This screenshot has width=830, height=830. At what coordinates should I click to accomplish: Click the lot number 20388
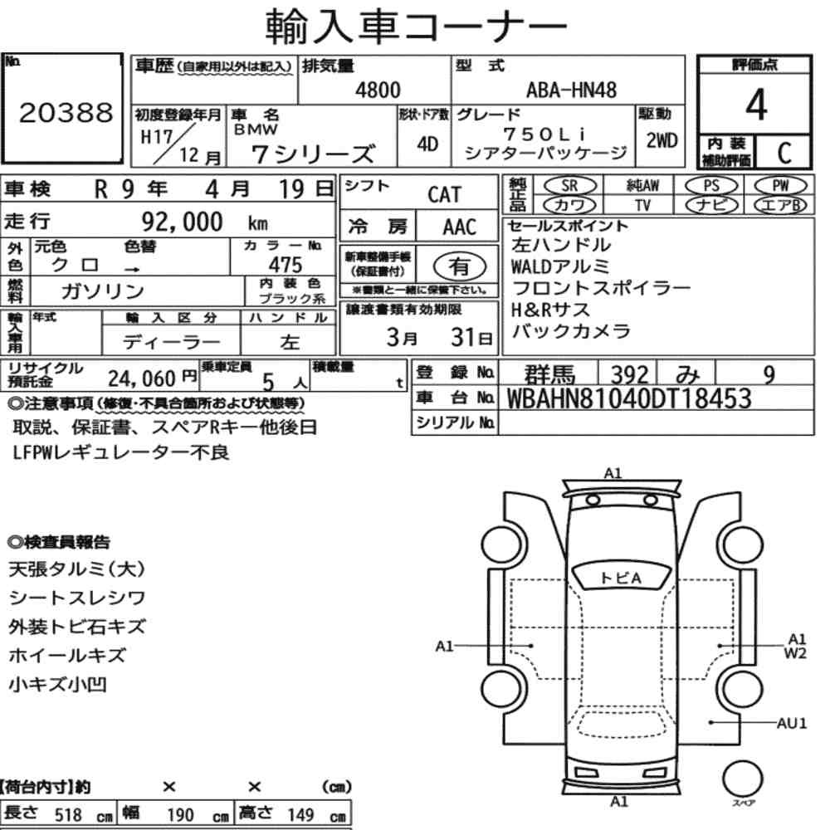(x=66, y=112)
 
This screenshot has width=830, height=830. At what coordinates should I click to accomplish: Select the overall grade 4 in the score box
(x=756, y=105)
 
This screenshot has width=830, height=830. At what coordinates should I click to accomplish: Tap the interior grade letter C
(x=784, y=153)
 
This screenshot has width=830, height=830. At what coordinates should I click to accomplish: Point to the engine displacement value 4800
(x=378, y=90)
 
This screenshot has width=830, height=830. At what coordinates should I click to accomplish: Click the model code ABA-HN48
(x=571, y=90)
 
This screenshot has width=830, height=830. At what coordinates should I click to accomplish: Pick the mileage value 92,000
(x=182, y=222)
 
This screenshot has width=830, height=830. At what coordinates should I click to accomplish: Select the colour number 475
(x=286, y=264)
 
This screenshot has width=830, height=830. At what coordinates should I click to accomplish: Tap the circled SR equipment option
(x=569, y=186)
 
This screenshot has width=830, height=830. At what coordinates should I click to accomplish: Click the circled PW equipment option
(x=780, y=186)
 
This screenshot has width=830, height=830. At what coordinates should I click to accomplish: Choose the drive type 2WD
(x=662, y=140)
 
